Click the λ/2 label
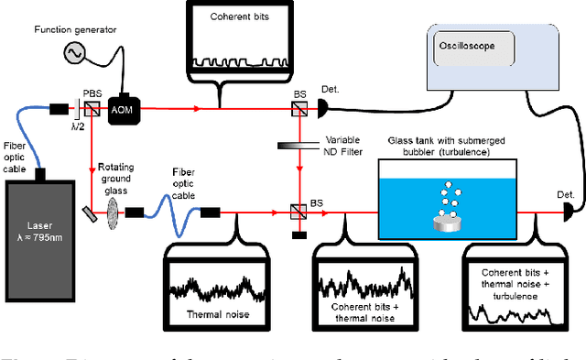tap(78, 125)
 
